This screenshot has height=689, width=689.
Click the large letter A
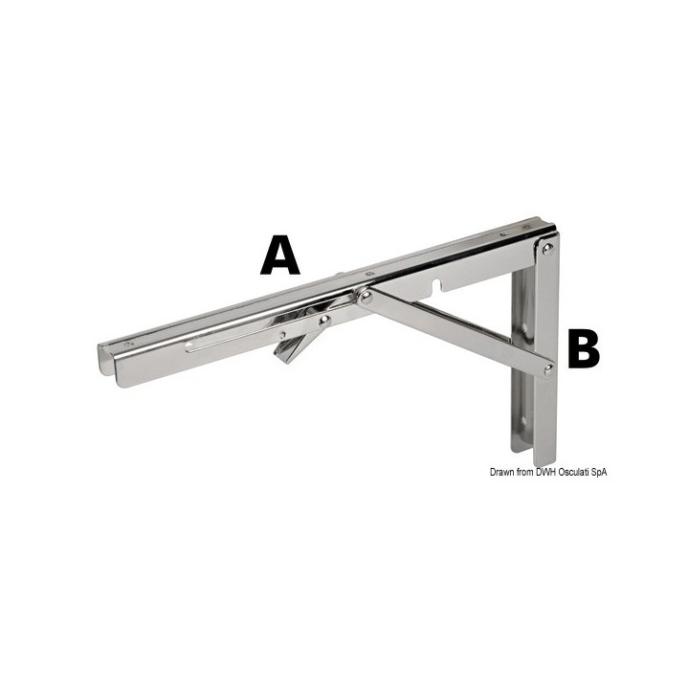(279, 256)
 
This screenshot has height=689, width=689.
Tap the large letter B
(583, 349)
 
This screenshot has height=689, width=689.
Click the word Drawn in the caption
(503, 472)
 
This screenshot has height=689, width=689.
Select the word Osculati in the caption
(579, 472)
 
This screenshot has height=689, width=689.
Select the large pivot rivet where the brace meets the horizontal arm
(365, 298)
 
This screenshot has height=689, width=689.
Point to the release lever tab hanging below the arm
(286, 351)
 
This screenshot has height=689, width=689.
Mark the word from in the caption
(526, 472)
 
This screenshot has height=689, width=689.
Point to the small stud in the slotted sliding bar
(283, 333)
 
